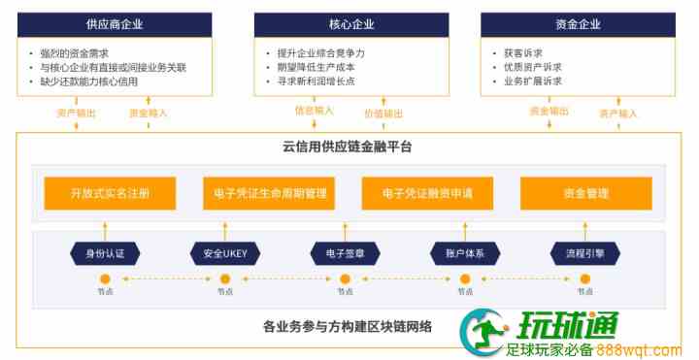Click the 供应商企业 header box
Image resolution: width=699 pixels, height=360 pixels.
coord(115,24)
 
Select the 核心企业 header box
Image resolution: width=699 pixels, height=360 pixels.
coord(351,24)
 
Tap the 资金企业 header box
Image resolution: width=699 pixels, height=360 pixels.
coord(578,24)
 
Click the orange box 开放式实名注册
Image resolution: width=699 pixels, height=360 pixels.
coord(110,193)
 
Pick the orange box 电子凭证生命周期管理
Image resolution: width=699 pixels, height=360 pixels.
coord(269,193)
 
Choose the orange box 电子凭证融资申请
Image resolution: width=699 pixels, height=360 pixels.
coord(427,193)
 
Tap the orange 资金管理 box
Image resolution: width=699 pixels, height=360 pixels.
coord(586,193)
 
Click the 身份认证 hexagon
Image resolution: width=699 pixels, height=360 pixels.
coord(105,254)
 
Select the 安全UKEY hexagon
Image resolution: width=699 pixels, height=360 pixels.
coord(225,254)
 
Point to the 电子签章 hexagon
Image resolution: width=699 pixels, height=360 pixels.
coord(345,254)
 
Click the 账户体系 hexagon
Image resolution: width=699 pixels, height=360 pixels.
coord(465,254)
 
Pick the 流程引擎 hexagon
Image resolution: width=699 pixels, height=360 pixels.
coord(585,254)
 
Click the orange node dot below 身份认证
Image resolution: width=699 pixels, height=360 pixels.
coord(105,279)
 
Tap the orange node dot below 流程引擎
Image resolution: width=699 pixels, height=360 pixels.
coord(585,279)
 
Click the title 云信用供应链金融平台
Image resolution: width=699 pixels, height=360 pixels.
coord(347,147)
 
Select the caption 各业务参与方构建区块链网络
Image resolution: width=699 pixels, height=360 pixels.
coord(348,327)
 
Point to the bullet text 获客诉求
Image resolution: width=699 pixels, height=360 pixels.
coord(523,53)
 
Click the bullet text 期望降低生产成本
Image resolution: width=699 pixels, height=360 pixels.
coord(316,67)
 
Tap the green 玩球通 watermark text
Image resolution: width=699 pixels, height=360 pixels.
coord(568,326)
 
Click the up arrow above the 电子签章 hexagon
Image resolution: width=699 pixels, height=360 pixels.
coord(345,232)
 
